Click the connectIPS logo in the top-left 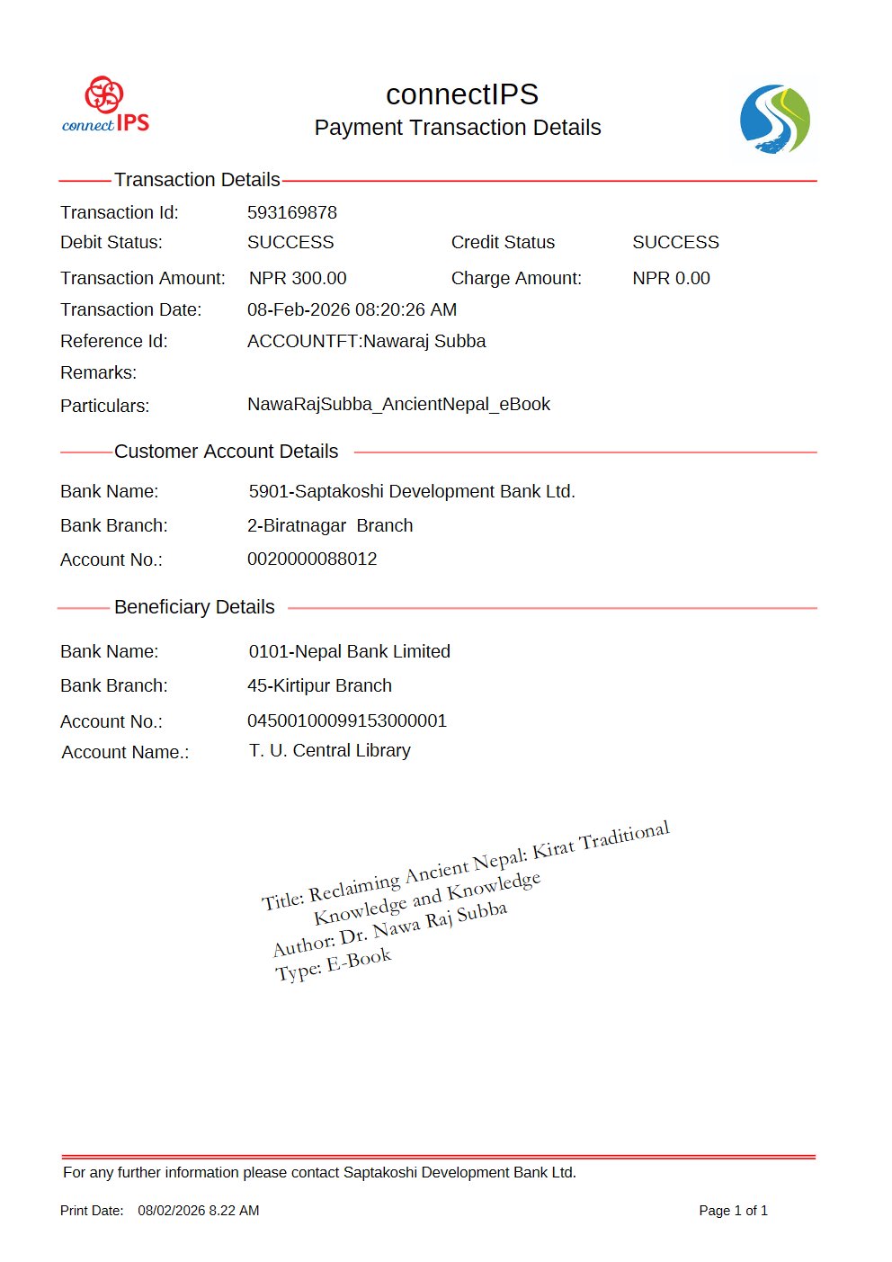(105, 105)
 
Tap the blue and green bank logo (774, 120)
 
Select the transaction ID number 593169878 (292, 212)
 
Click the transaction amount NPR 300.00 (298, 278)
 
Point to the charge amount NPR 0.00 (671, 278)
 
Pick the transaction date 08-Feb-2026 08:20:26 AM (352, 309)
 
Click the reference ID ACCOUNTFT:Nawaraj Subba (366, 341)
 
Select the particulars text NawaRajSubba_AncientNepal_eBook (398, 404)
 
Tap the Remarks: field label (99, 372)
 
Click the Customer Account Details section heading (226, 452)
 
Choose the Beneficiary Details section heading (194, 607)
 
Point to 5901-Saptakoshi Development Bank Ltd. (412, 491)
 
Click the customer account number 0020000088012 (312, 559)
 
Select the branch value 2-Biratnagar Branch (330, 525)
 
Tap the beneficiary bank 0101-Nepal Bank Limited (349, 651)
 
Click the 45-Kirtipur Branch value (319, 685)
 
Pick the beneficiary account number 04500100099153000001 (347, 721)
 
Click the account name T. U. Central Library (329, 750)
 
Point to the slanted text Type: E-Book (334, 964)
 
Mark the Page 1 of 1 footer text (733, 1211)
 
